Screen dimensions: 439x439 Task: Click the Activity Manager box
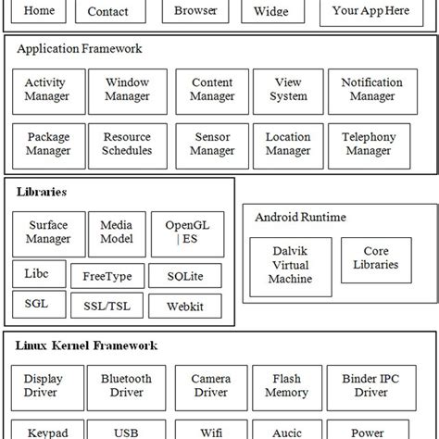click(45, 90)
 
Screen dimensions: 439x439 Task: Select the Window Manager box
click(127, 90)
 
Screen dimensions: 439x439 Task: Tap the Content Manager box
click(212, 90)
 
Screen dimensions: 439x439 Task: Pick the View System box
click(288, 90)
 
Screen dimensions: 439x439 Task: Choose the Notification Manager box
click(372, 90)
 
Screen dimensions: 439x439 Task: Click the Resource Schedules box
click(127, 144)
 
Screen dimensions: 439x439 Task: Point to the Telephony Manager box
click(368, 144)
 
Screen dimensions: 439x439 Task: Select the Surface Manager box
click(48, 232)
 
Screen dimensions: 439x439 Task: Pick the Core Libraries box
click(376, 258)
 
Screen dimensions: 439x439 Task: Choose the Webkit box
click(184, 306)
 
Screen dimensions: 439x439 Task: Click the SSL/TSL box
click(107, 306)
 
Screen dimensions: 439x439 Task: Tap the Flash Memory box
click(287, 386)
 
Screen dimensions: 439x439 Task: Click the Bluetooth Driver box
click(127, 386)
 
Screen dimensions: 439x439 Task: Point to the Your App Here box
click(370, 12)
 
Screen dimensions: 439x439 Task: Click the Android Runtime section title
click(300, 218)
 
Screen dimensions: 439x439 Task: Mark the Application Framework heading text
click(80, 48)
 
